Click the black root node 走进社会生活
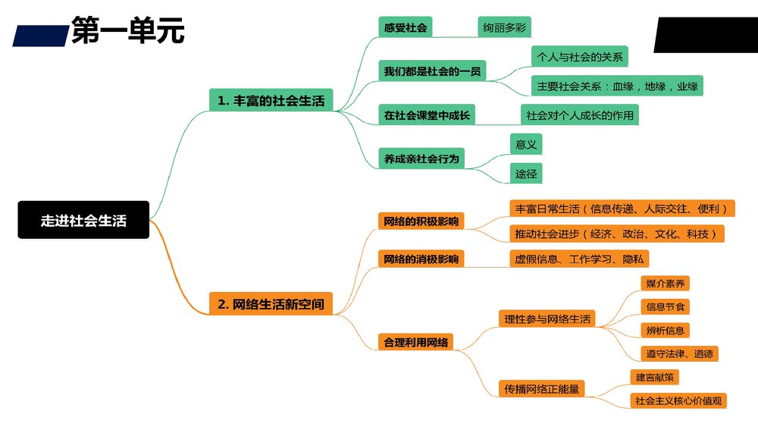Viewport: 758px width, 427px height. pos(83,221)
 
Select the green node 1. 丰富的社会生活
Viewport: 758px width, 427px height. pos(271,100)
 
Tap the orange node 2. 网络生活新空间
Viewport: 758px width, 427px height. pos(271,304)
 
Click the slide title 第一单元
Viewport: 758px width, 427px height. pos(127,32)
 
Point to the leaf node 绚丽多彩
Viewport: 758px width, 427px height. pos(504,28)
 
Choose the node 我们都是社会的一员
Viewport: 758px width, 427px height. pos(432,71)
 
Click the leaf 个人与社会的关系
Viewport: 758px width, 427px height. pos(580,56)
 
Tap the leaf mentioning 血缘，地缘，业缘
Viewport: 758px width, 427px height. pos(616,86)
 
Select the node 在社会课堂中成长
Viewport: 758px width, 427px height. pos(426,115)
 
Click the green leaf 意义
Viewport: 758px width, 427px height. pos(526,143)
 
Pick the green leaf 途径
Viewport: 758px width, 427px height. pos(526,174)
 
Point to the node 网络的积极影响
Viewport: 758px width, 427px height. pos(421,221)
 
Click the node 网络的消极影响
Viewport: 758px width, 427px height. pos(421,259)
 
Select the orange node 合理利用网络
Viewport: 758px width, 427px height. pos(416,342)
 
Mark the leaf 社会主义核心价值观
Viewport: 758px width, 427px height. pos(678,400)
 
